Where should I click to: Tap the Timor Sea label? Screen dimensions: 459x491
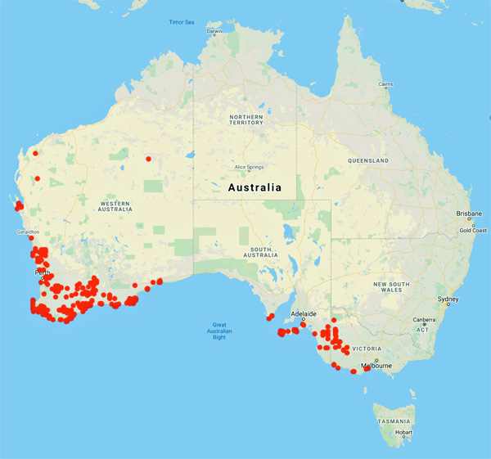click(x=182, y=21)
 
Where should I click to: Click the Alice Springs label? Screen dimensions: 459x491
click(x=252, y=167)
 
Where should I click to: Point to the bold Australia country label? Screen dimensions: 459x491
click(x=254, y=187)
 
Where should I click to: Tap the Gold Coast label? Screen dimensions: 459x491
click(x=472, y=230)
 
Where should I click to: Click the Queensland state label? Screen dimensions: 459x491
click(x=367, y=160)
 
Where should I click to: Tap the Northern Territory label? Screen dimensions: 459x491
click(x=245, y=121)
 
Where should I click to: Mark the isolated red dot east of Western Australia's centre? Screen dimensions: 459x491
click(x=148, y=159)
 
